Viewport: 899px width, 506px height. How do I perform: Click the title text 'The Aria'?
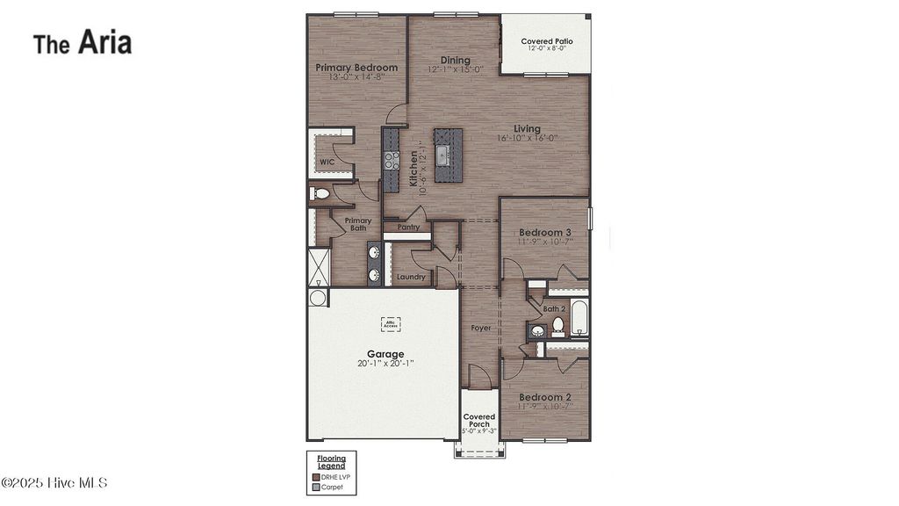click(83, 42)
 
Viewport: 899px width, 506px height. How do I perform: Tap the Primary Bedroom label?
click(356, 68)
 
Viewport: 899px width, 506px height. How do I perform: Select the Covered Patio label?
click(546, 41)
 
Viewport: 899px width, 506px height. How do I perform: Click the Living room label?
click(528, 129)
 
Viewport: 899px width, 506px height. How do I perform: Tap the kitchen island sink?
click(443, 155)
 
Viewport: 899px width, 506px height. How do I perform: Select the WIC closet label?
click(327, 163)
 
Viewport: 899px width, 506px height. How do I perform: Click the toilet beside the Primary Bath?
click(320, 194)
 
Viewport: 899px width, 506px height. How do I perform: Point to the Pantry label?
click(408, 227)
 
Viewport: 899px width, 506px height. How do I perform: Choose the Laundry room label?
click(411, 277)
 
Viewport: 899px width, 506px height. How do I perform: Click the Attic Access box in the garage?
click(391, 324)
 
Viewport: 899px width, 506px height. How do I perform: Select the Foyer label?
click(481, 328)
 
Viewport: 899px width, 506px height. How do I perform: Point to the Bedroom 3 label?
click(544, 233)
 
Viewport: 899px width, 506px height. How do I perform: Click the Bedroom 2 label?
click(544, 397)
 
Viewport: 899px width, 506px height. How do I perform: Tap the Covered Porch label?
click(479, 421)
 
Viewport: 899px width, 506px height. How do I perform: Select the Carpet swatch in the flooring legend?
click(316, 486)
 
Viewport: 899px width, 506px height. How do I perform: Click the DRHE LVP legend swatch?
click(316, 477)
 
